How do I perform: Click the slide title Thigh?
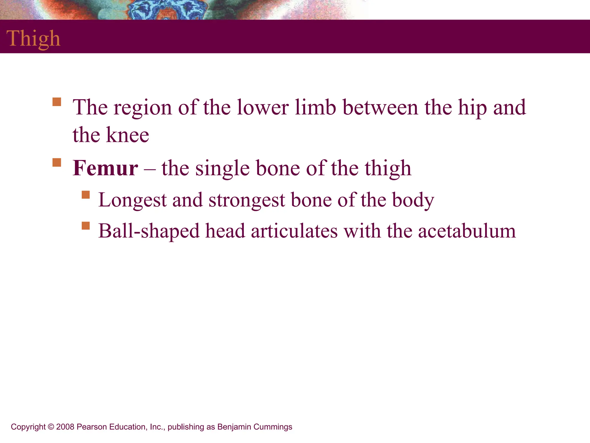tap(33, 38)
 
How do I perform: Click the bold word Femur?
tap(105, 168)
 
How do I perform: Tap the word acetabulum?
tap(467, 231)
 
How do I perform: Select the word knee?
tap(127, 135)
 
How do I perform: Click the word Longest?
tap(132, 200)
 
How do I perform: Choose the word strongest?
tap(247, 200)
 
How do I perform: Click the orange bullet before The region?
tap(57, 102)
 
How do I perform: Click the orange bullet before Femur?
tap(57, 162)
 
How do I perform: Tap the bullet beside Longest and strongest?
tap(86, 195)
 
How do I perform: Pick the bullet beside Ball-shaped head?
tap(86, 226)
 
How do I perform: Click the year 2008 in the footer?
tap(65, 427)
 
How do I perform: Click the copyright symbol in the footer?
tap(51, 427)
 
